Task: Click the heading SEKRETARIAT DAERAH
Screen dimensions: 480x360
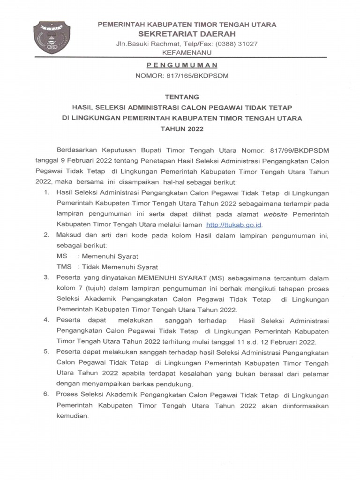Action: (187, 34)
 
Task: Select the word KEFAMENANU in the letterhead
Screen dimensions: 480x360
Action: (187, 52)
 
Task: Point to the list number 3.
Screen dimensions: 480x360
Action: (46, 277)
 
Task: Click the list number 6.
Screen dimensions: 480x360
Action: (46, 395)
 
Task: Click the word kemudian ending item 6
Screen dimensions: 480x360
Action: (72, 416)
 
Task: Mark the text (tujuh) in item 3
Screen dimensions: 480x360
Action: (93, 288)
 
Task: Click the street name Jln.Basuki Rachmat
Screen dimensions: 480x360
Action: (145, 44)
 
